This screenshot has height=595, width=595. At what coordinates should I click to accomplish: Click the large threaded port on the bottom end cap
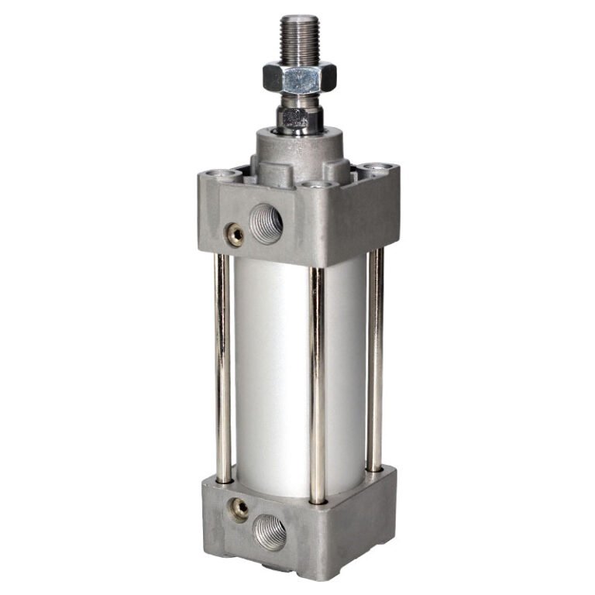[x=269, y=532]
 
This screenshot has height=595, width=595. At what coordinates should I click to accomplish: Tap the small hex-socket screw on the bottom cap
[x=240, y=508]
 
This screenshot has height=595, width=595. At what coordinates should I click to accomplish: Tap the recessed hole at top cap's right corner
[x=376, y=167]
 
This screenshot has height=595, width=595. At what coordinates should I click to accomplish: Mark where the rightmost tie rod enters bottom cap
[x=375, y=469]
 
